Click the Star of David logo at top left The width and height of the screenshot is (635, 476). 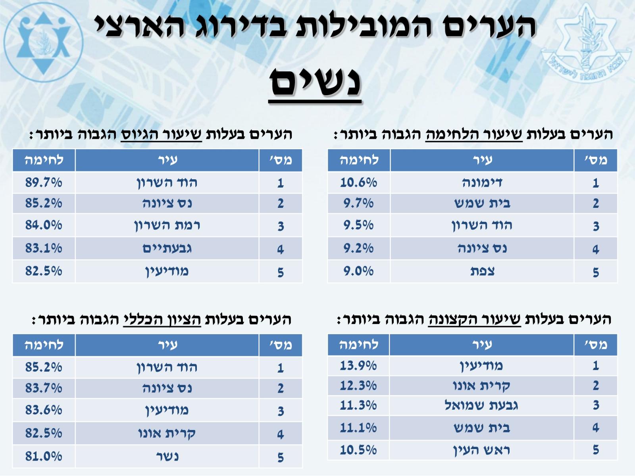click(43, 43)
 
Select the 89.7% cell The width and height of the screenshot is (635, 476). click(44, 182)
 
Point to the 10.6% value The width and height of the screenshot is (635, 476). click(358, 182)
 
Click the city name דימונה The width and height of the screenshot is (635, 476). click(482, 182)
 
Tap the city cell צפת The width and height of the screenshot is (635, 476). click(482, 271)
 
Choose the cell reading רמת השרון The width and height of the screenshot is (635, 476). click(167, 225)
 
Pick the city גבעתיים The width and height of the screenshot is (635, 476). click(167, 249)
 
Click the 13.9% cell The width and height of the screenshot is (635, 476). click(358, 365)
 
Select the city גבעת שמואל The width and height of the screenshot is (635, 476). click(481, 405)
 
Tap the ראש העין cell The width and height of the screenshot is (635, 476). click(481, 450)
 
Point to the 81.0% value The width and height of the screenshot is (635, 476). click(44, 456)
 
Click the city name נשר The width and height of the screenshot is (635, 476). click(167, 456)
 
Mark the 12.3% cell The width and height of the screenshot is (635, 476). click(358, 385)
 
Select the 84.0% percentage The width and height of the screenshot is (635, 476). click(44, 225)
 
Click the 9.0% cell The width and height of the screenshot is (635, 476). click(358, 271)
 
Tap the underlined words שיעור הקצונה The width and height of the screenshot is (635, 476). click(474, 319)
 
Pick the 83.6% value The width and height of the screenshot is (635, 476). click(44, 410)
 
